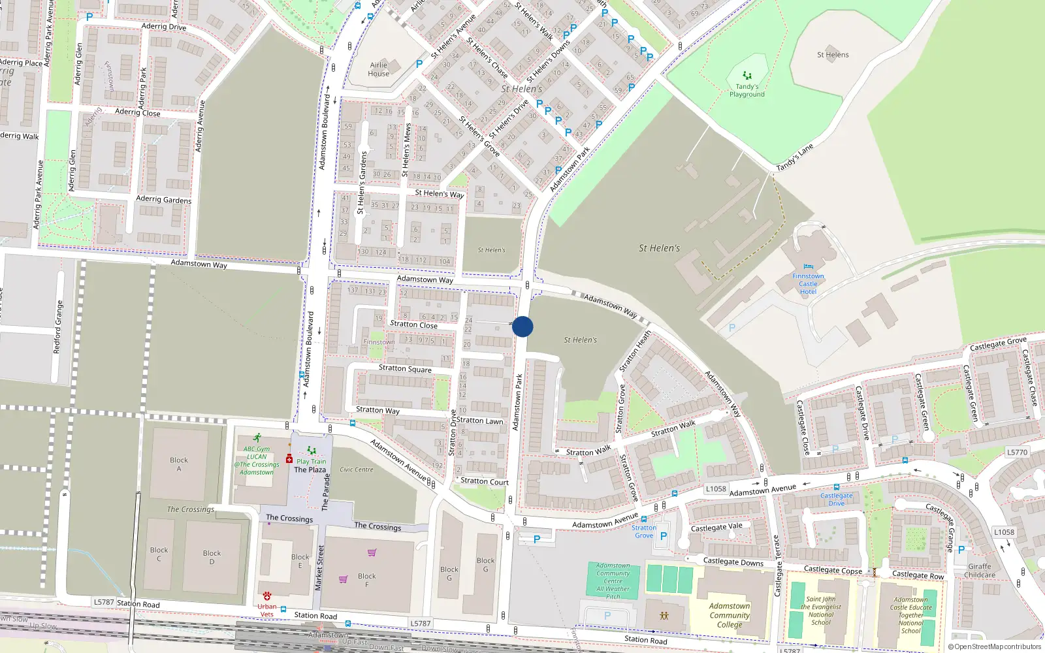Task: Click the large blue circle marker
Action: pos(522,326)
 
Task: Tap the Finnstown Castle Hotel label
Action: pos(808,284)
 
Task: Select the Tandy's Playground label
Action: pos(747,90)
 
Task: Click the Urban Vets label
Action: pos(266,610)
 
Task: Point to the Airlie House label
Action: pos(378,69)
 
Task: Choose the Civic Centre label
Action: pos(356,470)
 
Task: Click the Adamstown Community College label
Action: pos(730,615)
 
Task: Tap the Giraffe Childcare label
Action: pos(980,571)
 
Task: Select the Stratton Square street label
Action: pos(405,368)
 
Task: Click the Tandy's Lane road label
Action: pos(794,157)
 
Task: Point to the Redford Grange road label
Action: pos(58,327)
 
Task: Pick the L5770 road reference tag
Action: pos(1017,452)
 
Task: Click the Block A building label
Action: pos(178,464)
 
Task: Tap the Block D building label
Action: pos(212,557)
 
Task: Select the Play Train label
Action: pos(312,461)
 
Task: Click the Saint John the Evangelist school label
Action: pos(821,611)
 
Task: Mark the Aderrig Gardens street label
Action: pos(163,199)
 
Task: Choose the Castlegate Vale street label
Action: pos(716,527)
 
